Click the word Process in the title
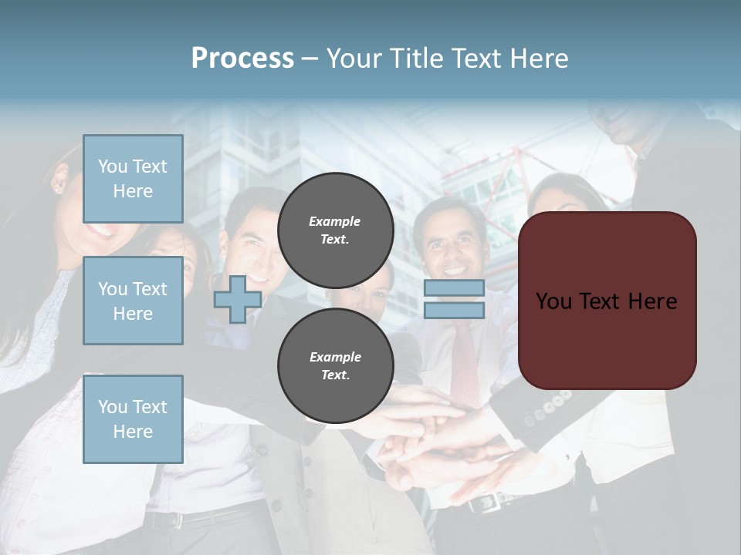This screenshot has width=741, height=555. tap(242, 59)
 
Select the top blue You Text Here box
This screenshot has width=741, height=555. tap(133, 179)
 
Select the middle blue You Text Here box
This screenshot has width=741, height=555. tap(133, 301)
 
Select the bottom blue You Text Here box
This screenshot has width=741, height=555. tap(133, 419)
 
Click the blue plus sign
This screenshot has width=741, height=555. tap(238, 299)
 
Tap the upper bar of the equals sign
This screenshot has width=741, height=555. tap(454, 288)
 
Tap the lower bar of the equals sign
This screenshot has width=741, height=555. tap(454, 310)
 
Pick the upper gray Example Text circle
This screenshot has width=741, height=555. tap(335, 230)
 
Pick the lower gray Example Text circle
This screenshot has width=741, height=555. tap(335, 365)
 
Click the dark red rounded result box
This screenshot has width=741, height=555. tap(607, 301)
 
